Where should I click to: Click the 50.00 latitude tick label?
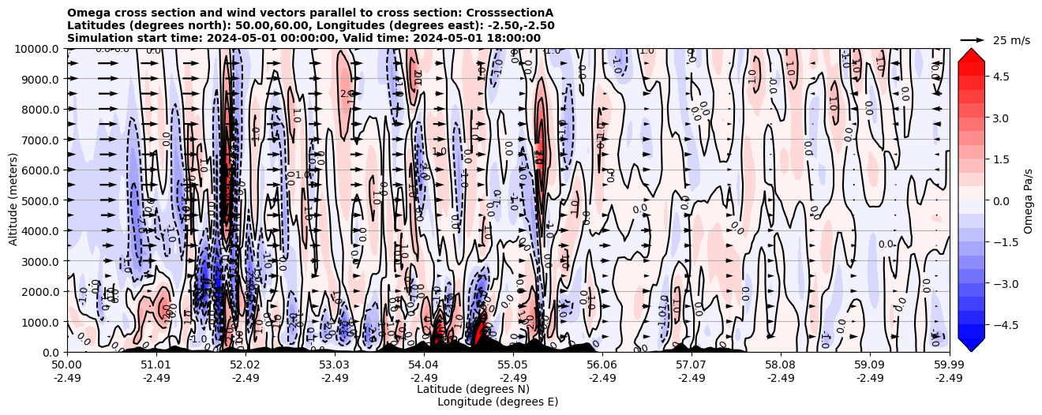point(67,365)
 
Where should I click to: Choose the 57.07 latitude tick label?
point(691,365)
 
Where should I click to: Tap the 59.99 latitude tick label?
point(949,365)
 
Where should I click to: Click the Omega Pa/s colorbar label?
point(1029,200)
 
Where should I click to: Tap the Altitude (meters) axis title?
point(13,200)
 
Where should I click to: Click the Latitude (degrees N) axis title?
point(473,389)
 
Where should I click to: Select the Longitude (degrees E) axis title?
point(497,402)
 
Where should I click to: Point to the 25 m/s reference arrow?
point(972,39)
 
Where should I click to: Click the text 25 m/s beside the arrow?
point(1011,40)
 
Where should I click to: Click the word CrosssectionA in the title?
point(512,13)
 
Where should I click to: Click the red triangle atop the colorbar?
point(971,54)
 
